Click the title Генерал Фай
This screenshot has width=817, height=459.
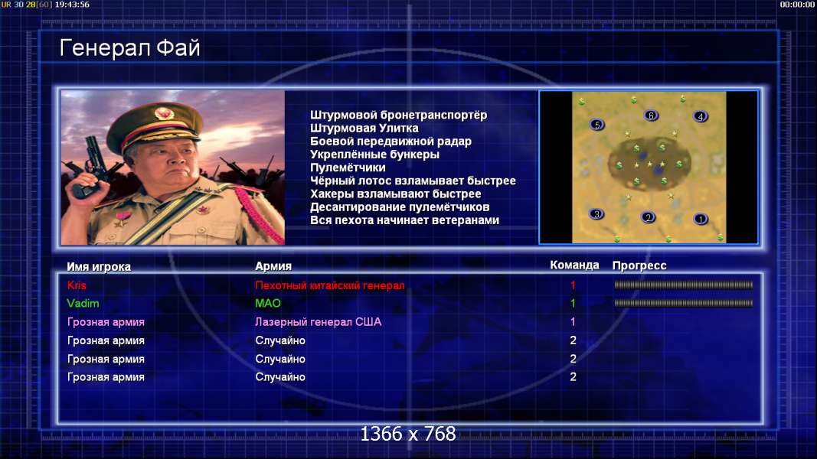click(x=129, y=48)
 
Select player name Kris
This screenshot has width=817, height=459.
click(x=77, y=285)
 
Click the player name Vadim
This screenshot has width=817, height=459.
click(x=83, y=304)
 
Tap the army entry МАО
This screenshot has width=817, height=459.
click(x=268, y=304)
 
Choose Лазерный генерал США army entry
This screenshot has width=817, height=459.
click(x=319, y=322)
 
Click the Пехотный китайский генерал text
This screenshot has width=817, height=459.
click(x=330, y=285)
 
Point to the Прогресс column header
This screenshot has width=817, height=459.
click(x=639, y=265)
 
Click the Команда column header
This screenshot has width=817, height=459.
click(x=575, y=265)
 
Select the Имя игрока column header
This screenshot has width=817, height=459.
click(x=99, y=266)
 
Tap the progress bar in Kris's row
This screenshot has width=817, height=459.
click(x=684, y=285)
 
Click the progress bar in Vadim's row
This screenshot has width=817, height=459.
click(x=684, y=303)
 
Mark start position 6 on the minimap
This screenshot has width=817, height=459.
click(x=651, y=115)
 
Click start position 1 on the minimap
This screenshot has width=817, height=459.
click(x=701, y=219)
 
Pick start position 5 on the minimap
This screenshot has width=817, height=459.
click(x=597, y=125)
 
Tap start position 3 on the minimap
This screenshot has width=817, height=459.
click(x=596, y=214)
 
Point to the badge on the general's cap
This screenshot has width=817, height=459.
click(x=164, y=113)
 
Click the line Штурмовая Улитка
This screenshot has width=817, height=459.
click(x=364, y=128)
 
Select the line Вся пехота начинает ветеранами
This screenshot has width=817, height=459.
click(x=405, y=220)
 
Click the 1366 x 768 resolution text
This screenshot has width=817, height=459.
click(x=408, y=434)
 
